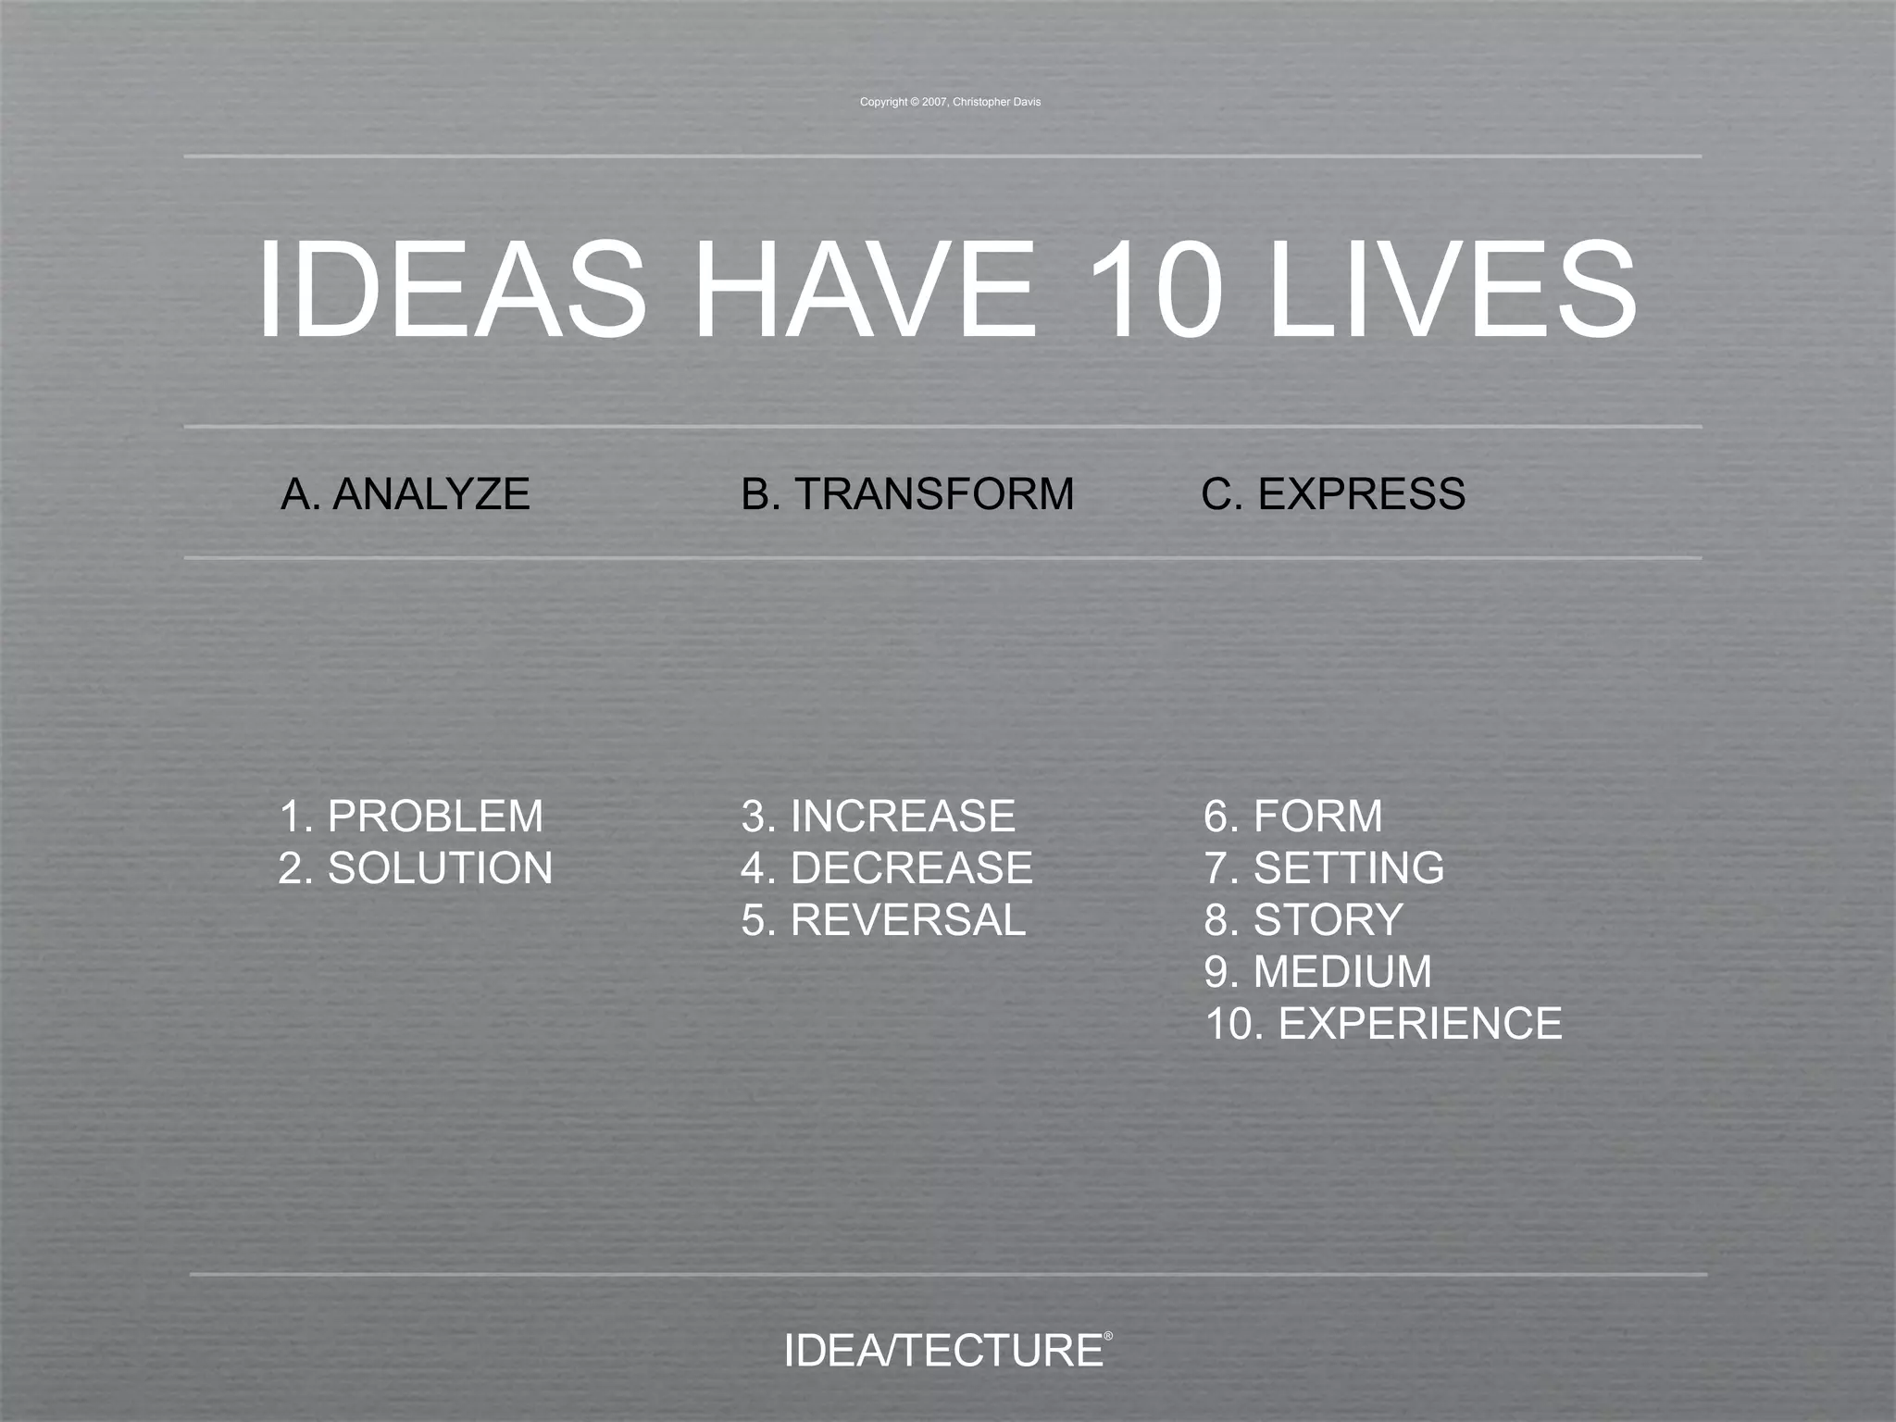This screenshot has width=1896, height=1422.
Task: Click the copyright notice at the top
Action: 950,102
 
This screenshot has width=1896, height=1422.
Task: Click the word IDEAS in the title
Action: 451,290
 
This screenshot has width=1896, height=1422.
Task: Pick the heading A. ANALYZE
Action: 405,493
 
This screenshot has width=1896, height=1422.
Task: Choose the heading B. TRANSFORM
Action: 907,493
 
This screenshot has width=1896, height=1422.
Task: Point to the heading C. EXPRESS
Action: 1333,493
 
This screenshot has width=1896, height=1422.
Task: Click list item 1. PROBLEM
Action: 411,817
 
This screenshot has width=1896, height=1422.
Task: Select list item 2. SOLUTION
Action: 416,868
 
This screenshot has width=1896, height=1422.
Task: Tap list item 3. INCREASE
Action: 878,817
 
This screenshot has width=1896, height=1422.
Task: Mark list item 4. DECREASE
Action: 886,868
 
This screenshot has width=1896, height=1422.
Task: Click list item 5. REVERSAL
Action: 883,920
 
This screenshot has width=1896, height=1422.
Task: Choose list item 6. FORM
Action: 1292,817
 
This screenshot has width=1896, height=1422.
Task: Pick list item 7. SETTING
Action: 1324,868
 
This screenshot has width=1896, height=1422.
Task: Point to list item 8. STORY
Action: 1303,920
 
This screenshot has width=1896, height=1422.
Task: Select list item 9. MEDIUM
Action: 1317,972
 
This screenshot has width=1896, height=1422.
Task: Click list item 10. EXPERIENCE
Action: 1383,1024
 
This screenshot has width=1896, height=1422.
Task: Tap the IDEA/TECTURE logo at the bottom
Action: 942,1352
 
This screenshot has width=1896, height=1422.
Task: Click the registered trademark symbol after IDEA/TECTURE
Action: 1108,1336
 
